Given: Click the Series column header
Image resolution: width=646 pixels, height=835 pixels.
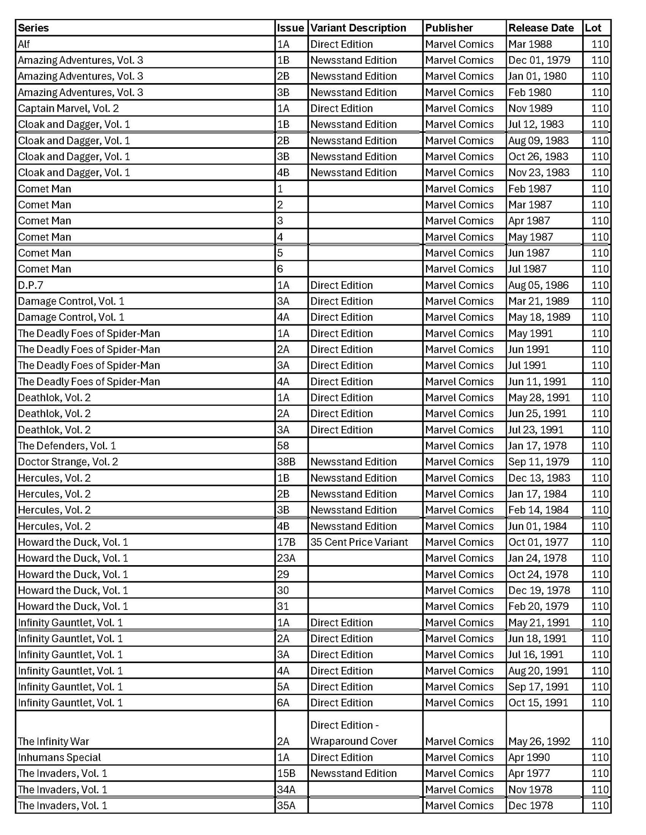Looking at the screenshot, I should pos(34,28).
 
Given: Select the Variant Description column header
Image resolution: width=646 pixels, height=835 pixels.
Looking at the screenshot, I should pos(358,28).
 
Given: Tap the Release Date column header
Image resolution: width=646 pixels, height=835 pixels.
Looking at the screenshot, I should pos(541,28).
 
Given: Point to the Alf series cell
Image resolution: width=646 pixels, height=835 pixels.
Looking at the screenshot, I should pos(24,44).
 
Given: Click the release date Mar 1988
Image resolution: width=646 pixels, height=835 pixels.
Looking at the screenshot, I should pos(530,44).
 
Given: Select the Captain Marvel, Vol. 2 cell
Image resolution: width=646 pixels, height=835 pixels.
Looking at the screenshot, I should pos(68,108).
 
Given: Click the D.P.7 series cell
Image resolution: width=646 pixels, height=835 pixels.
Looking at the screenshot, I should pos(30,285).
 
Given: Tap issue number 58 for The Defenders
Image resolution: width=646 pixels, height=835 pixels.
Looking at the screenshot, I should pos(283,446).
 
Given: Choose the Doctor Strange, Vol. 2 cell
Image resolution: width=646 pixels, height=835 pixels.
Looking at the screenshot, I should pos(68,461).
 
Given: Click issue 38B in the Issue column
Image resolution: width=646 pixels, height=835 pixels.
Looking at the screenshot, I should pos(286,461).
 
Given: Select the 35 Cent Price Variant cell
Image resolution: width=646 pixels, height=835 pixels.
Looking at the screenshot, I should pos(359,542).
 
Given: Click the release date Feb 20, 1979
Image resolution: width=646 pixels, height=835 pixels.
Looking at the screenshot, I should pos(538,606).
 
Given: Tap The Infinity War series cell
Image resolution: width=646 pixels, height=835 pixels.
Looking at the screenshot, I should pos(53,741).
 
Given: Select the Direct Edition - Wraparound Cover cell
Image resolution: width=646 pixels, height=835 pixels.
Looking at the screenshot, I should pos(353,733).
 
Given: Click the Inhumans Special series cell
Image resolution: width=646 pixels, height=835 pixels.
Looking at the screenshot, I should pos(59,757).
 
